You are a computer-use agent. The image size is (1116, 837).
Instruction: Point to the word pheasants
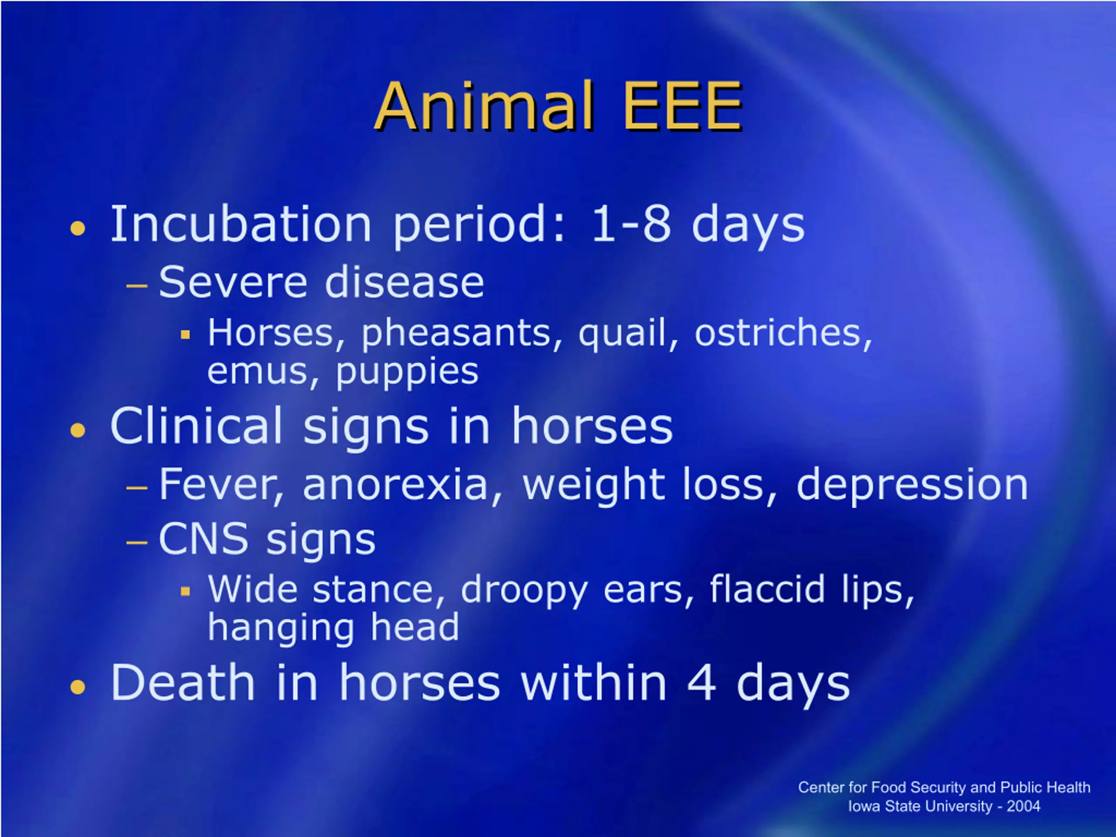pos(456,334)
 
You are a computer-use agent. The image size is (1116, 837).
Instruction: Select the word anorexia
pos(395,485)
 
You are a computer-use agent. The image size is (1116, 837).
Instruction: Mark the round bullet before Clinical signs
pos(78,430)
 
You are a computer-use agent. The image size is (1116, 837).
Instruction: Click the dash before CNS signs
pos(137,543)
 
